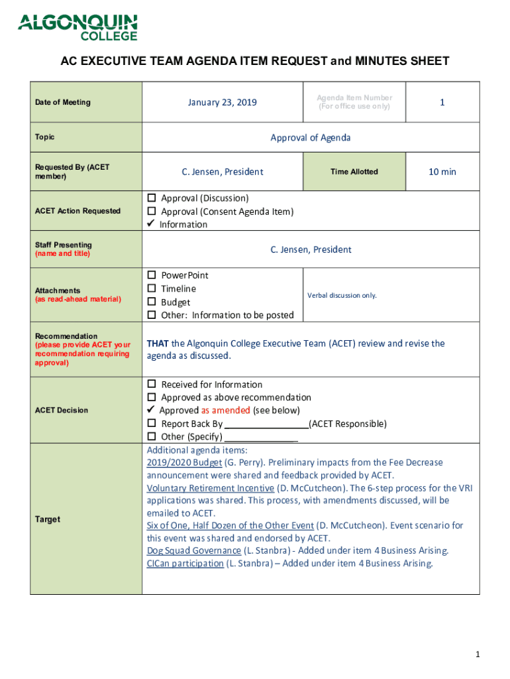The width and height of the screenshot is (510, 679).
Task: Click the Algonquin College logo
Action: (77, 27)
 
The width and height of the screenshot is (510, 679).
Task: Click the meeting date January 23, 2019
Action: (222, 102)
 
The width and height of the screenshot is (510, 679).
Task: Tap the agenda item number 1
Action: (442, 102)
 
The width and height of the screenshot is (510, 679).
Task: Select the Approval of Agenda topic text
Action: (310, 138)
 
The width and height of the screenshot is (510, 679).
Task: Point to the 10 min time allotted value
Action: (442, 172)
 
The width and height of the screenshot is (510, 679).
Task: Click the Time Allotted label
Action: (354, 172)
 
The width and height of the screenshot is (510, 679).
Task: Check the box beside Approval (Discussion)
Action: (151, 198)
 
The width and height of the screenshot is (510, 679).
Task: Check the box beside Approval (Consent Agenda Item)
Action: (151, 212)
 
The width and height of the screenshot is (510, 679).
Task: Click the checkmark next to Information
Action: (151, 224)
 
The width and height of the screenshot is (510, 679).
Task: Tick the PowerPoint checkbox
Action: (151, 275)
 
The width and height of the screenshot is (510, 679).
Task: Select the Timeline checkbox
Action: (151, 288)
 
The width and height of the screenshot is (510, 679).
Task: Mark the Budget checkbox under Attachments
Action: (151, 302)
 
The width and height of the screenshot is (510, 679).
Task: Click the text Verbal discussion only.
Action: (342, 295)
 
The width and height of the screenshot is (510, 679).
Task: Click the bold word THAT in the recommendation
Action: (157, 343)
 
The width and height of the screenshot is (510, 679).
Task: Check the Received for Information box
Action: (151, 385)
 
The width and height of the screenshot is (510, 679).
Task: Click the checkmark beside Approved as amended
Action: (151, 410)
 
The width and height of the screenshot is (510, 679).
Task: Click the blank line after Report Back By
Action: (267, 424)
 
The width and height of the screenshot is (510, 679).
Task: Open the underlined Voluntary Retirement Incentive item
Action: (210, 488)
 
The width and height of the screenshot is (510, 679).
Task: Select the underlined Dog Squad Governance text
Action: (193, 551)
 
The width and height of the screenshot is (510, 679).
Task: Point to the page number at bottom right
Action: (476, 655)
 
